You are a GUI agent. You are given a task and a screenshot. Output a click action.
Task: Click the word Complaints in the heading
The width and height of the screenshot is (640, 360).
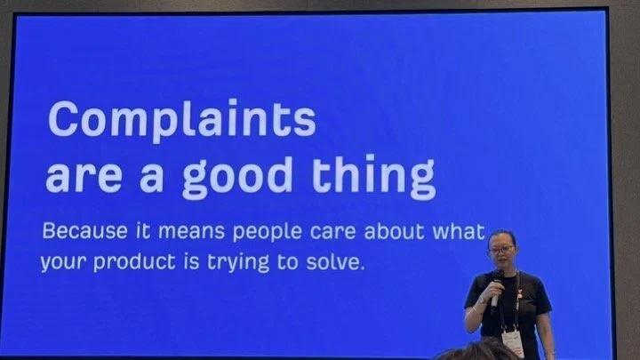tap(182, 120)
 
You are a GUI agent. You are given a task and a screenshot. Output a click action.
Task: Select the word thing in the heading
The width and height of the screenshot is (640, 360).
tap(374, 177)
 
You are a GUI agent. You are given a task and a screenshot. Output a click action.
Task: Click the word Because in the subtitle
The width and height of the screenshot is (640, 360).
tap(85, 231)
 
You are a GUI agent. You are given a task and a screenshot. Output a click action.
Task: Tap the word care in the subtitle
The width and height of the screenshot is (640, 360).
tap(332, 232)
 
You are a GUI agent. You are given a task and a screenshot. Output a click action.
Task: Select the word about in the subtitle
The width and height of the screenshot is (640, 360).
tap(395, 231)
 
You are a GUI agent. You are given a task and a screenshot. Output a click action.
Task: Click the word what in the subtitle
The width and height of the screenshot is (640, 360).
tap(460, 231)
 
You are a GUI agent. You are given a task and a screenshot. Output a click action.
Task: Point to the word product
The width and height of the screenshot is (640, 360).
tap(134, 262)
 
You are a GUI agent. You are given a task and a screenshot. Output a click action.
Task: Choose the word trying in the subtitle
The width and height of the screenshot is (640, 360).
tap(238, 263)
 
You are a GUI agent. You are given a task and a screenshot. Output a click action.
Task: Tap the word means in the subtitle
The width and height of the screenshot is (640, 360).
tap(191, 232)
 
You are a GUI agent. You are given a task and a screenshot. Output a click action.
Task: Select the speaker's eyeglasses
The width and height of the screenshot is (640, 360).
tap(500, 250)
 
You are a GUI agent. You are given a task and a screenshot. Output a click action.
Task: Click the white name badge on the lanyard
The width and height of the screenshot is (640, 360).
tap(513, 342)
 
